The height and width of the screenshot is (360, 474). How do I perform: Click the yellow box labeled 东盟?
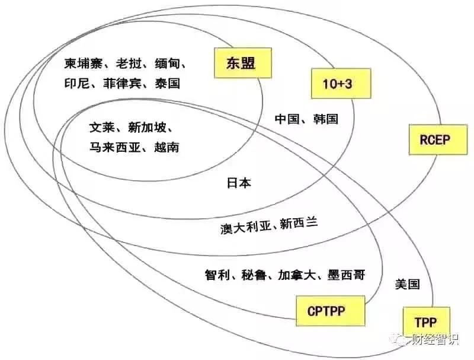[x=243, y=63]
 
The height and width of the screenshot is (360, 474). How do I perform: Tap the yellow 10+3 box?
[x=341, y=83]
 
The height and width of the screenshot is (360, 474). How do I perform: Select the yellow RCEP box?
[x=438, y=139]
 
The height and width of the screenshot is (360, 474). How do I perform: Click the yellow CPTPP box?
[x=331, y=311]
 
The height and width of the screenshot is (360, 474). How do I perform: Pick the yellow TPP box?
[x=426, y=322]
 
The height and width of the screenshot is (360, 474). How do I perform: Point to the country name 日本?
[x=239, y=183]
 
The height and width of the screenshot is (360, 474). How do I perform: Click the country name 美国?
[x=408, y=284]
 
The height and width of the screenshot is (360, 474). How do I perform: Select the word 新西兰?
[x=299, y=224]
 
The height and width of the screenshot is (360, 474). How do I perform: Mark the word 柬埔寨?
[x=83, y=63]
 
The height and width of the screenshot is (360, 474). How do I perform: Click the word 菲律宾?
[x=122, y=84]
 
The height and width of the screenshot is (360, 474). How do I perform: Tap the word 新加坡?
[x=147, y=128]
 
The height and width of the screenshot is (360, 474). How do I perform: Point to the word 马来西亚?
[x=115, y=147]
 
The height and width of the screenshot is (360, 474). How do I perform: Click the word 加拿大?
[x=297, y=275]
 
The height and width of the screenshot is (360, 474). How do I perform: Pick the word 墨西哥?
[x=346, y=275]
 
